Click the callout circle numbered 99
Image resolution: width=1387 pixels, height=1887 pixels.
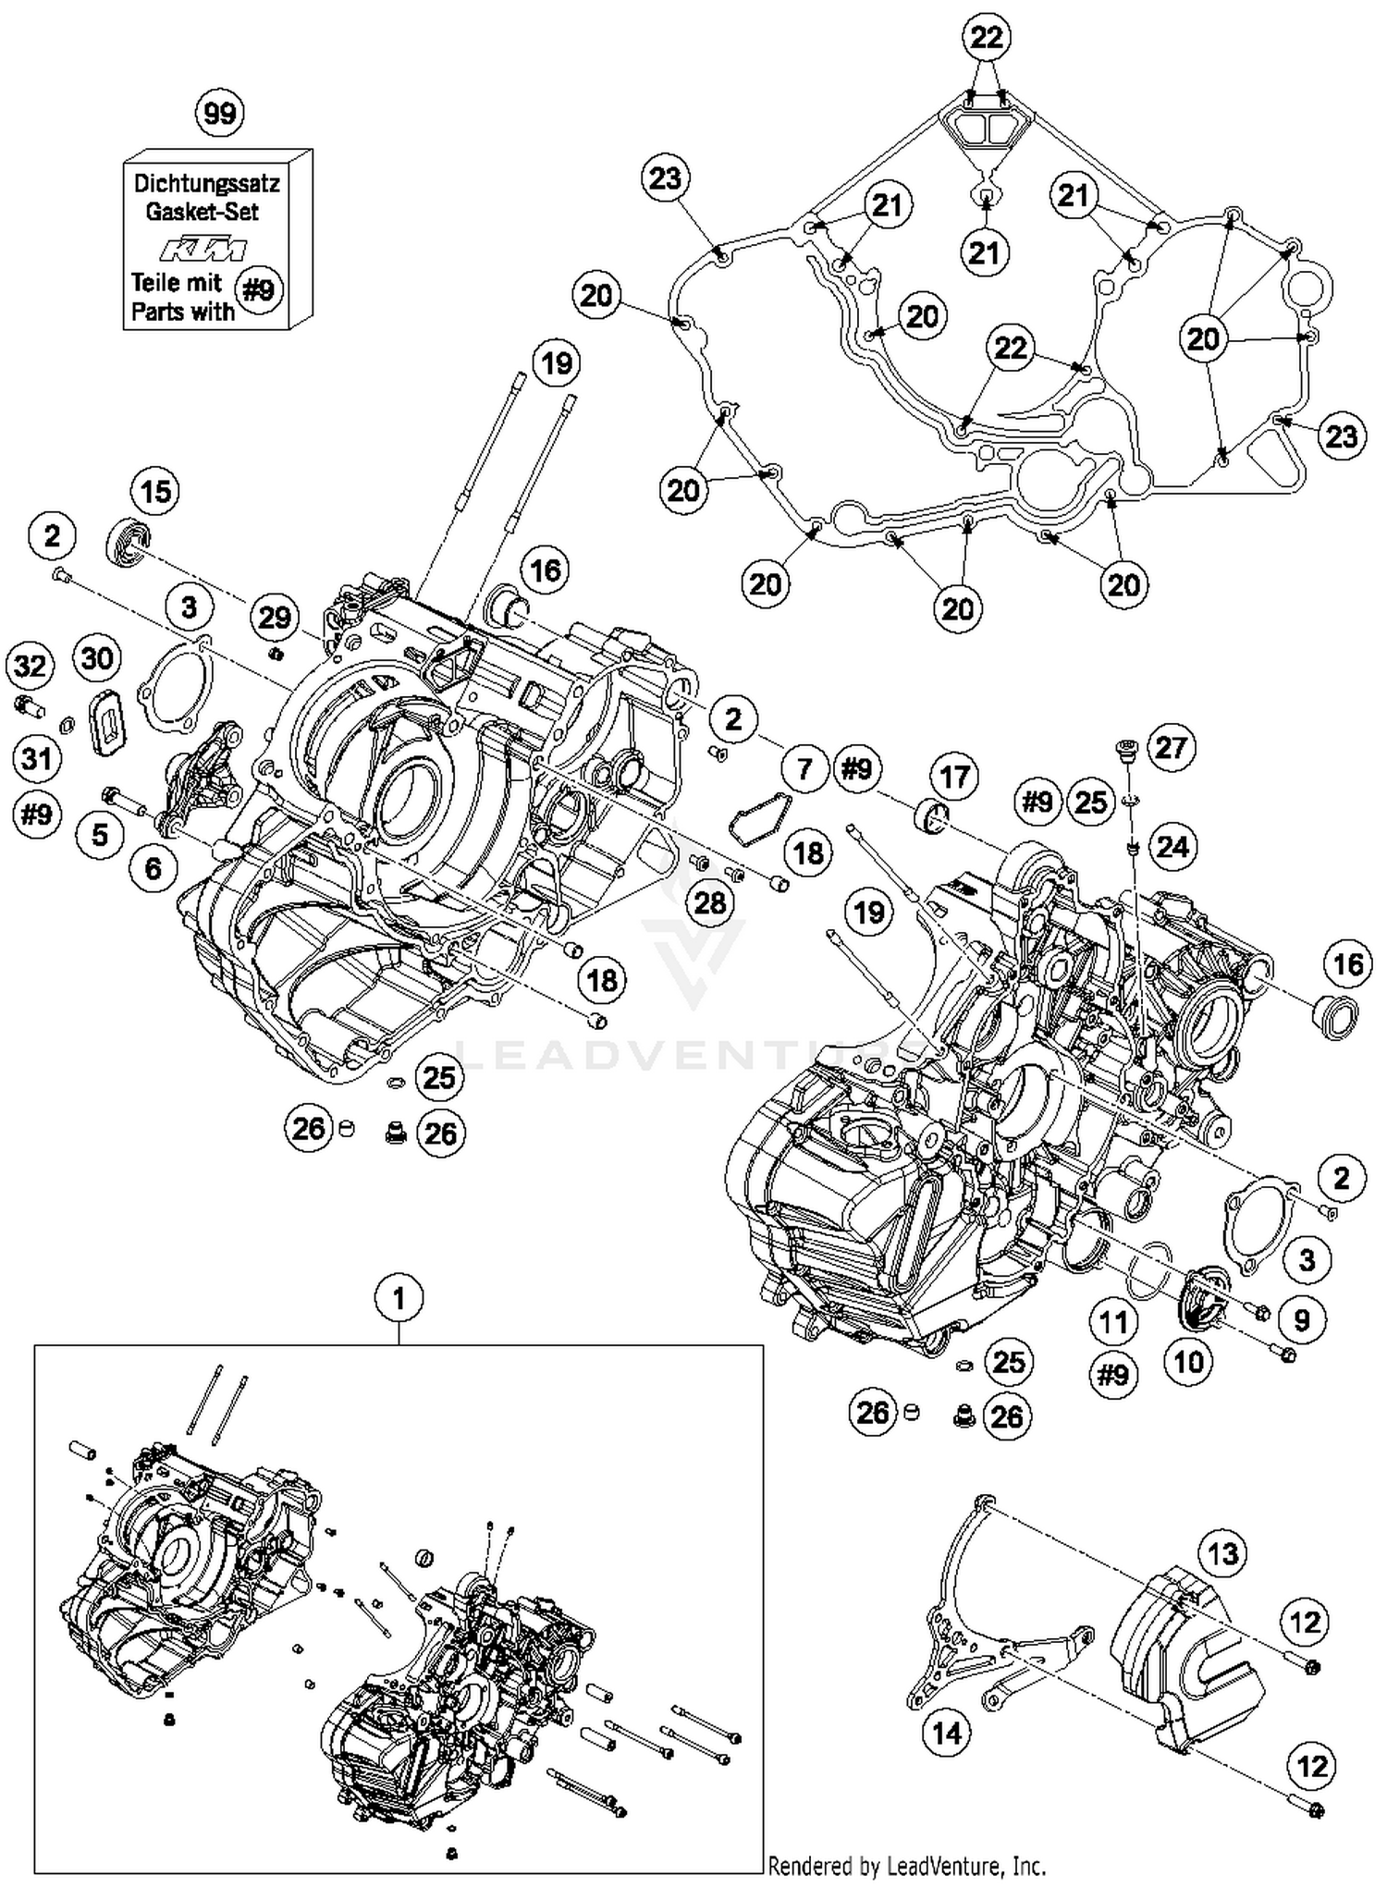(x=219, y=114)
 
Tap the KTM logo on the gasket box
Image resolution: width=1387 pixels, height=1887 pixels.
(x=204, y=250)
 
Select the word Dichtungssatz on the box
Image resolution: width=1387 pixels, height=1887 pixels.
(x=206, y=182)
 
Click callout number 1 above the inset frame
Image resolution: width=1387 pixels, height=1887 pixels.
(x=399, y=1299)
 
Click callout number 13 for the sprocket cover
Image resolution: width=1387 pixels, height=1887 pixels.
(x=1223, y=1552)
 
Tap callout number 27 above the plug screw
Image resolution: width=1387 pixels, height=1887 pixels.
(x=1171, y=747)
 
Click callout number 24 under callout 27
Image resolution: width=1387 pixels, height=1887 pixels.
(x=1172, y=846)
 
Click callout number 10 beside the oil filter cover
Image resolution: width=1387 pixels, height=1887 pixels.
(x=1188, y=1361)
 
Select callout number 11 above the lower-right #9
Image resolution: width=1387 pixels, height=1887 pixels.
(x=1113, y=1322)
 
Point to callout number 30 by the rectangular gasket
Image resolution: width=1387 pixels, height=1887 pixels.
(x=97, y=658)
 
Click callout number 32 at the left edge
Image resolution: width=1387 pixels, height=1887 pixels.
(x=30, y=666)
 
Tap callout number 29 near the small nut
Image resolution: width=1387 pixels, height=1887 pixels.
(x=275, y=617)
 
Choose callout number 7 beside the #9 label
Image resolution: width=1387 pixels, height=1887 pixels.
(x=804, y=768)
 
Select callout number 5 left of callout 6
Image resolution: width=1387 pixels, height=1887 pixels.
(x=100, y=835)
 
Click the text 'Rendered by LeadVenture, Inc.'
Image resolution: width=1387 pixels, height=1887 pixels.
(x=906, y=1866)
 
